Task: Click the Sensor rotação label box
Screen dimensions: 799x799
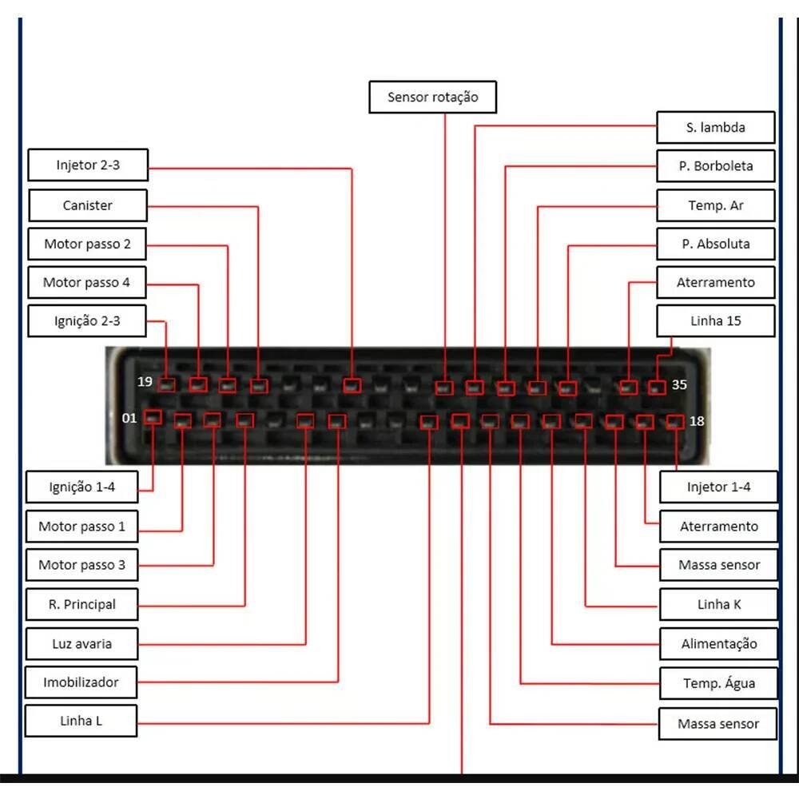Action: pos(433,97)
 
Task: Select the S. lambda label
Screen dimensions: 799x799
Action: pos(715,128)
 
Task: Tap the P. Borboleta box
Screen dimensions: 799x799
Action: pos(715,167)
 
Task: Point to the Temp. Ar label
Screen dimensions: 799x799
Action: pos(715,205)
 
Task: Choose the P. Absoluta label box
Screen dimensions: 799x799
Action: pos(715,244)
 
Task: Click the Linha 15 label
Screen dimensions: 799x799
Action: pos(715,321)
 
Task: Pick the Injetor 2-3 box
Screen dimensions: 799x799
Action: pos(88,166)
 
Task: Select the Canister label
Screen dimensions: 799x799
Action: pos(88,205)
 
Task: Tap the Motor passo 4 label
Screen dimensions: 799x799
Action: pos(86,282)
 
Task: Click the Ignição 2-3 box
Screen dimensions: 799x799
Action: pos(87,321)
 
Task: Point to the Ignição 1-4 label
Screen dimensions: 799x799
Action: pos(82,487)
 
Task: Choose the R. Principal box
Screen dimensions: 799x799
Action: pos(81,604)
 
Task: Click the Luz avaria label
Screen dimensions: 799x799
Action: pos(81,643)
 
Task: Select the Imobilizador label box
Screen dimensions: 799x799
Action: pos(81,682)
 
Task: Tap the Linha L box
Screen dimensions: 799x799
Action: pos(81,721)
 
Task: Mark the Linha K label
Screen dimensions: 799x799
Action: pos(718,604)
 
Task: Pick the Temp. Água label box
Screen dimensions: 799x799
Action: pos(718,683)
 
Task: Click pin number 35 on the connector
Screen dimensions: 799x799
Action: pos(679,384)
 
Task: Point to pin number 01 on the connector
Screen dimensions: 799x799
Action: pos(129,418)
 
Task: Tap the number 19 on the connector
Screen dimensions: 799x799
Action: pos(145,382)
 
